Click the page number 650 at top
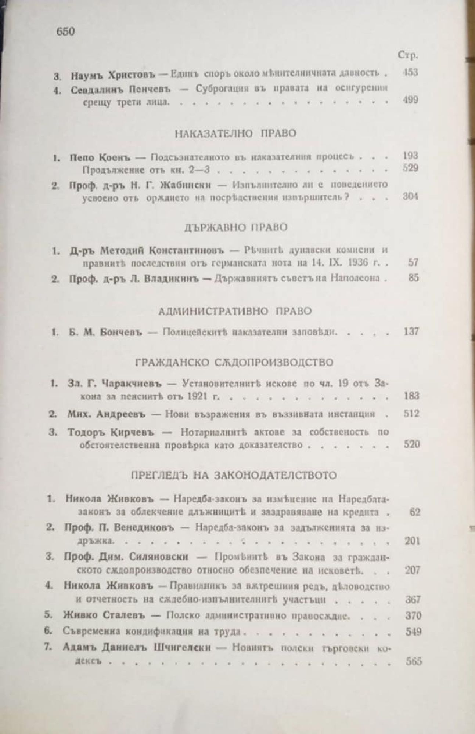66,32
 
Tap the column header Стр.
408,55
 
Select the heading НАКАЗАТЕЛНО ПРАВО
235,133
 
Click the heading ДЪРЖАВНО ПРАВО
235,227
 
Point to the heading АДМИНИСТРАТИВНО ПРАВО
235,312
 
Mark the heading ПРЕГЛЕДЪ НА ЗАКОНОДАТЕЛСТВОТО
234,475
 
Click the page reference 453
410,72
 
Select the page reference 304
410,197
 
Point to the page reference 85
413,278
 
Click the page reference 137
410,331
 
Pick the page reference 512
411,414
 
